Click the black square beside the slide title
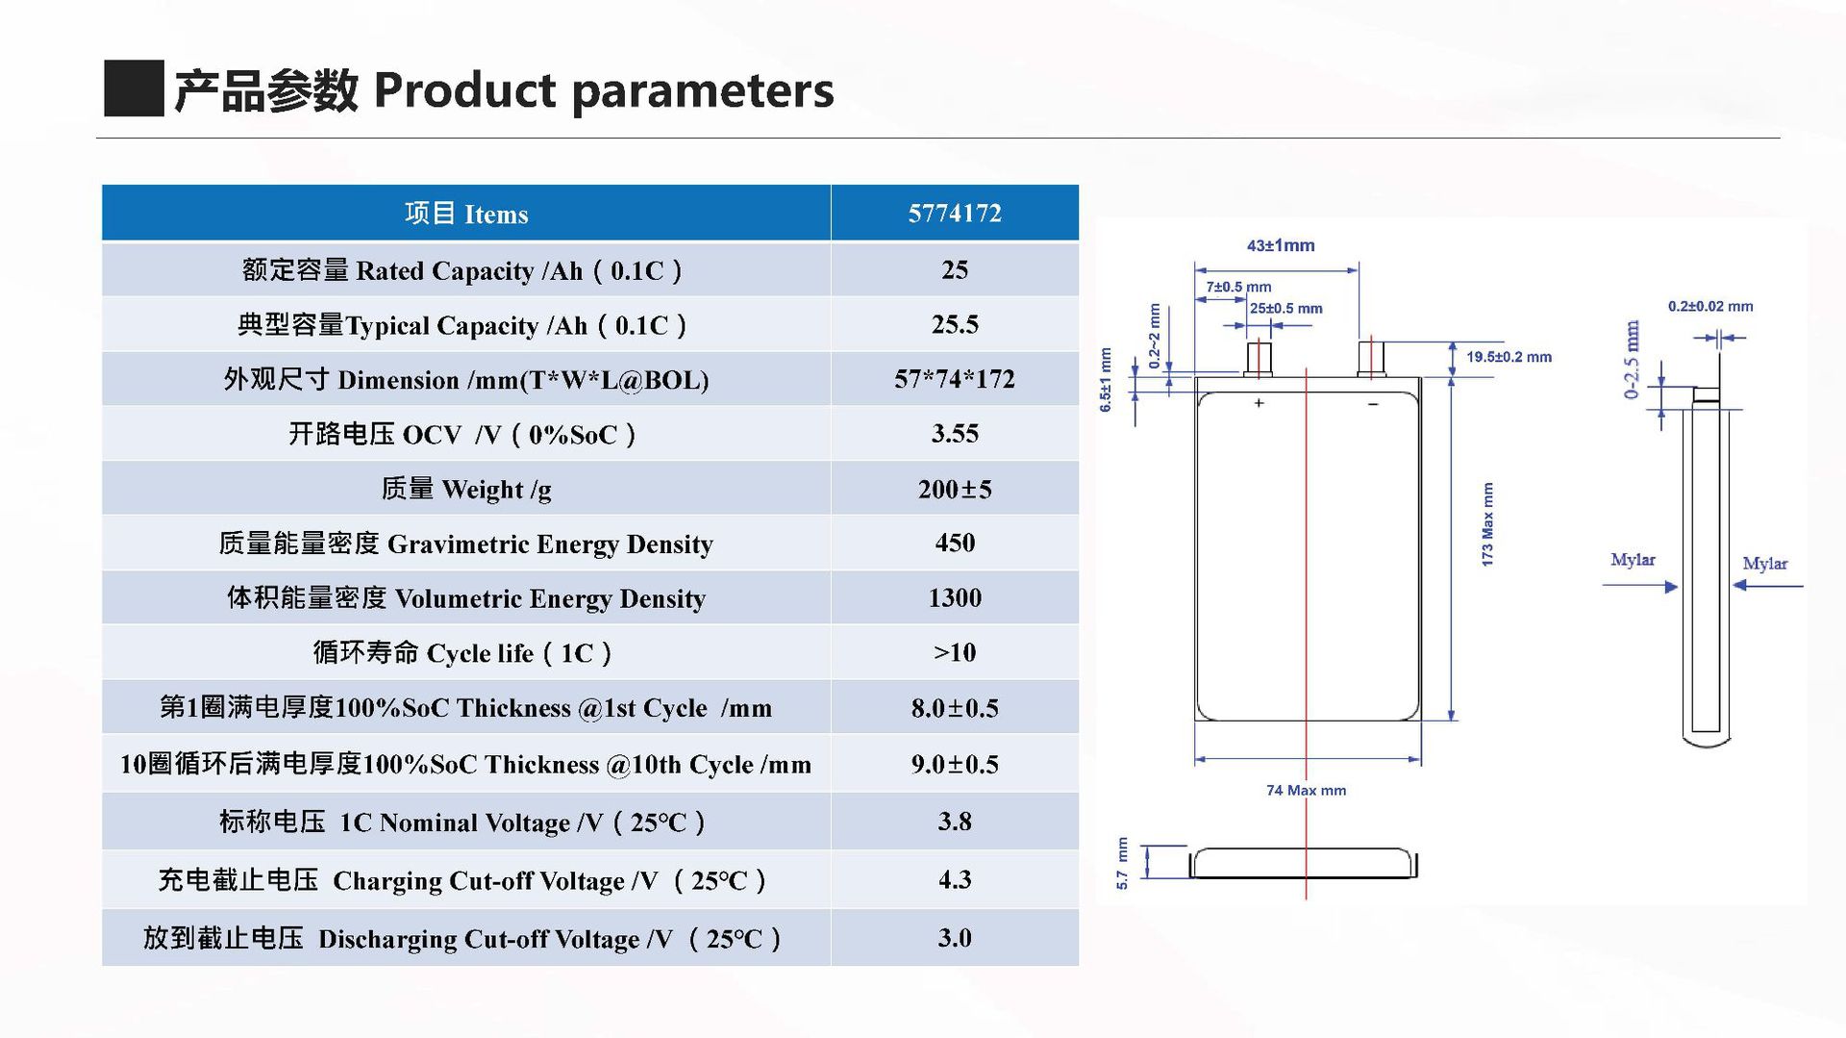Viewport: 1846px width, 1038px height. (x=134, y=89)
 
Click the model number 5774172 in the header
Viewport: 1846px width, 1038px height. (x=955, y=213)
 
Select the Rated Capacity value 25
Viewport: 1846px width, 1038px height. (x=955, y=269)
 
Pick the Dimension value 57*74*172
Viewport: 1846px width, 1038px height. (x=955, y=379)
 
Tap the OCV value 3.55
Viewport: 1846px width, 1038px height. (x=955, y=434)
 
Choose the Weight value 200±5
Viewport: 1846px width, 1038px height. (x=955, y=489)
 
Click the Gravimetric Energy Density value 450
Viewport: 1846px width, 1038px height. (x=955, y=543)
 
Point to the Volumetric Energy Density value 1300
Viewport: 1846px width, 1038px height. (x=955, y=597)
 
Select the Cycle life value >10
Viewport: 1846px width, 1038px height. (x=955, y=652)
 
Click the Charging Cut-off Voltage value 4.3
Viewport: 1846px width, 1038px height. (x=955, y=879)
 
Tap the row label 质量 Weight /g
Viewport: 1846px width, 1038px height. (x=466, y=490)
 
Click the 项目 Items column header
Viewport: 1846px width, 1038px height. (x=466, y=213)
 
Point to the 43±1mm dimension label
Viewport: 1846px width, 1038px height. (x=1281, y=245)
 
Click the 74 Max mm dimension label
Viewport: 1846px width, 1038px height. (x=1306, y=790)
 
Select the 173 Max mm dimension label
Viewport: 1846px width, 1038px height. (x=1487, y=524)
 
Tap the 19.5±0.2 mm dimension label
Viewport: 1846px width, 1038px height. (x=1509, y=357)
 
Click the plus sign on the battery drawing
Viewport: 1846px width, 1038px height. (x=1259, y=403)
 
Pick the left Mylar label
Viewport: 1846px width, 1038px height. (x=1633, y=560)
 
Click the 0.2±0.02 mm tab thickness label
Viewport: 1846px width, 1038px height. (x=1710, y=307)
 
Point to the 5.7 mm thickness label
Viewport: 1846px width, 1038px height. (x=1122, y=863)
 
